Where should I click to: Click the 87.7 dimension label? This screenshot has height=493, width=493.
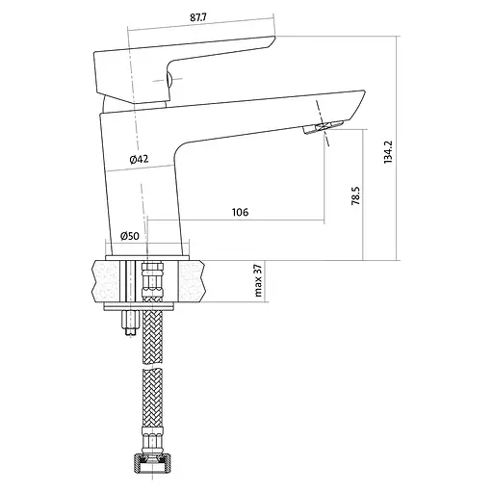click(198, 17)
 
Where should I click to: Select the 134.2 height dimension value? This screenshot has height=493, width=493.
click(388, 152)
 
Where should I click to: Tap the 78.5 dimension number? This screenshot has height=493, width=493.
click(355, 195)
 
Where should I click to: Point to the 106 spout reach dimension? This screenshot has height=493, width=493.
click(240, 212)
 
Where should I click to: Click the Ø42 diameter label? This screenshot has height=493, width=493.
click(140, 159)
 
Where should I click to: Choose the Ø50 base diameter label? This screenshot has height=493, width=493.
click(130, 236)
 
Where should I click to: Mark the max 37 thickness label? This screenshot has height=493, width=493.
click(258, 280)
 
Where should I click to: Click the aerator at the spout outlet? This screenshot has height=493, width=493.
click(324, 127)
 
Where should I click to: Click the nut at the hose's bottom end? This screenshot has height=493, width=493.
click(152, 460)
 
